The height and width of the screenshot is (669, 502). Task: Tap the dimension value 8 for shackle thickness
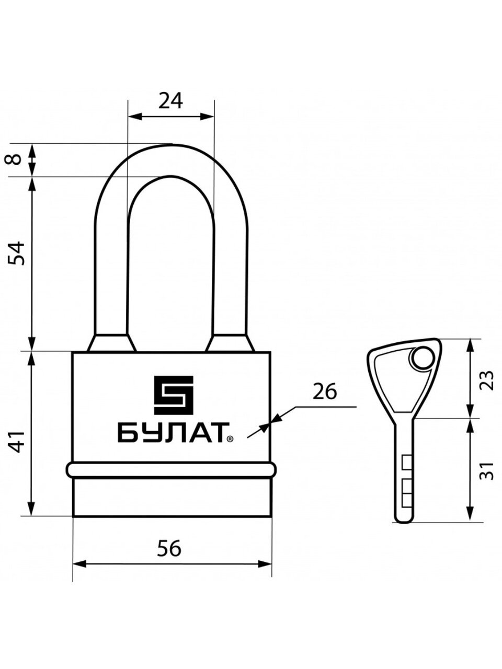coord(15,159)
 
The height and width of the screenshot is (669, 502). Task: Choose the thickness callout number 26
coord(325,391)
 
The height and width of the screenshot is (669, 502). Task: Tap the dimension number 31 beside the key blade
coord(487,470)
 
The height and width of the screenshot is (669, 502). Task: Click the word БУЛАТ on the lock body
coord(171,432)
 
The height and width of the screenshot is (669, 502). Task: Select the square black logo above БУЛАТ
coord(174,395)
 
